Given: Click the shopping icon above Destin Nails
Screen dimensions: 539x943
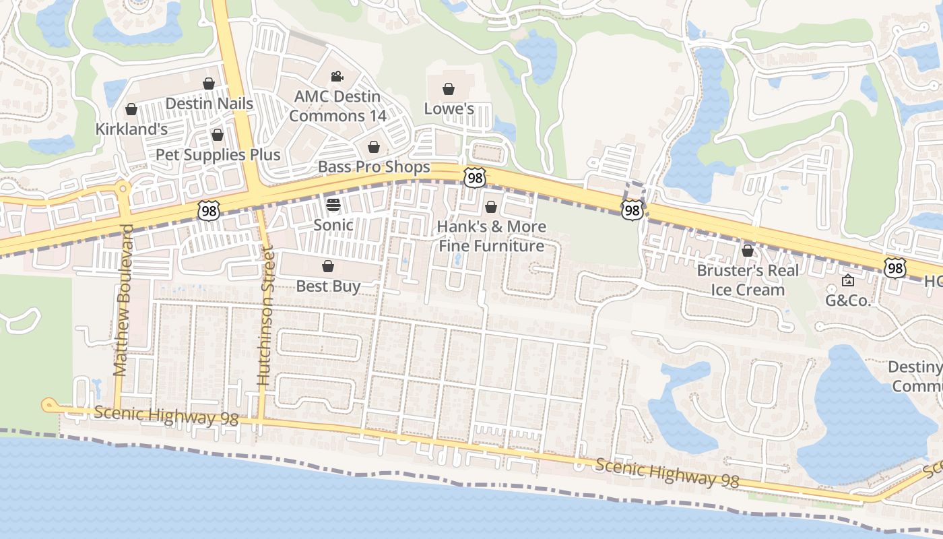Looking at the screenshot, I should [209, 84].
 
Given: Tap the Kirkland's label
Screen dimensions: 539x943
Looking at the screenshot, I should [131, 129].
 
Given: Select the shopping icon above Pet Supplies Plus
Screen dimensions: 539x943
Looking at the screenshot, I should [217, 135].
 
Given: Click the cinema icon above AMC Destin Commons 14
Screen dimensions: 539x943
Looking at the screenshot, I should [337, 77].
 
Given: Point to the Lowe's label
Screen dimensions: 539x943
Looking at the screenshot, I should [449, 108].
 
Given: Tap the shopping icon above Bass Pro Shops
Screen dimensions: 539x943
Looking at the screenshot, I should [374, 147].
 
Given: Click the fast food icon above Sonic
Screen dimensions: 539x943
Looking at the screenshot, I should [333, 204].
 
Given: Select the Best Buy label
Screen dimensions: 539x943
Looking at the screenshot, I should [328, 286].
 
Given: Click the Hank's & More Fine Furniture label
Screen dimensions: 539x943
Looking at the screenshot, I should [491, 236].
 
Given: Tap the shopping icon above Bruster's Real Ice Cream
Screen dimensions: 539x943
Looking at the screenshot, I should [747, 251].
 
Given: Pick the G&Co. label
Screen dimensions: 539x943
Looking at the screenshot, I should [848, 300].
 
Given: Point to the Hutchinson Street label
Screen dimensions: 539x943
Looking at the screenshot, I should [265, 317].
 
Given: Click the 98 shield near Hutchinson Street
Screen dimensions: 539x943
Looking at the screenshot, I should [208, 211].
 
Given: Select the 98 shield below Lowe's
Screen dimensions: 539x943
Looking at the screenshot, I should [475, 178].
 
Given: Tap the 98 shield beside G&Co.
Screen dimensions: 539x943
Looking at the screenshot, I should [895, 268].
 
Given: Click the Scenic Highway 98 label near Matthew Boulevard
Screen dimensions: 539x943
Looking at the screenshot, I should [166, 416].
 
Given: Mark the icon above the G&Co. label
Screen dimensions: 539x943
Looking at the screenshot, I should [848, 281].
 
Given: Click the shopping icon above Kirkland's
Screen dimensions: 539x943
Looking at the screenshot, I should [131, 109].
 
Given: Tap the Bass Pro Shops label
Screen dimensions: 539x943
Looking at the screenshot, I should [374, 166].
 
